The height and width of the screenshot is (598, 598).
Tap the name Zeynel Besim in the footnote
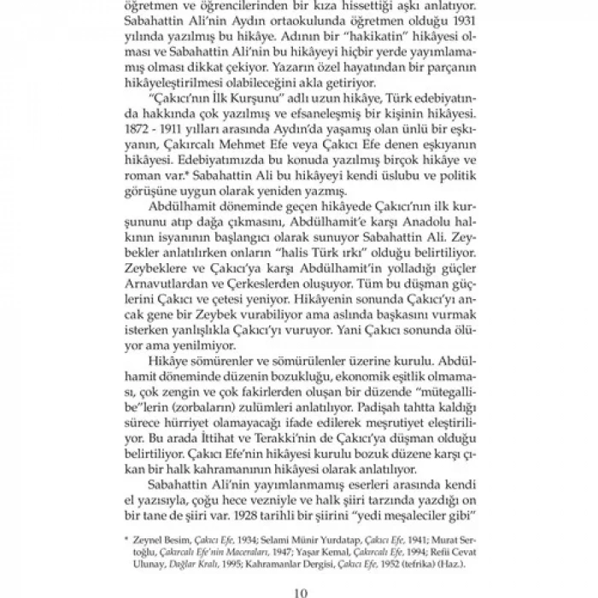[159, 541]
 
